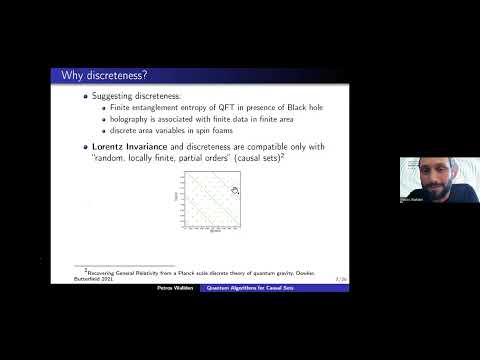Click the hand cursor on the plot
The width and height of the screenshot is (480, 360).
(234, 189)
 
